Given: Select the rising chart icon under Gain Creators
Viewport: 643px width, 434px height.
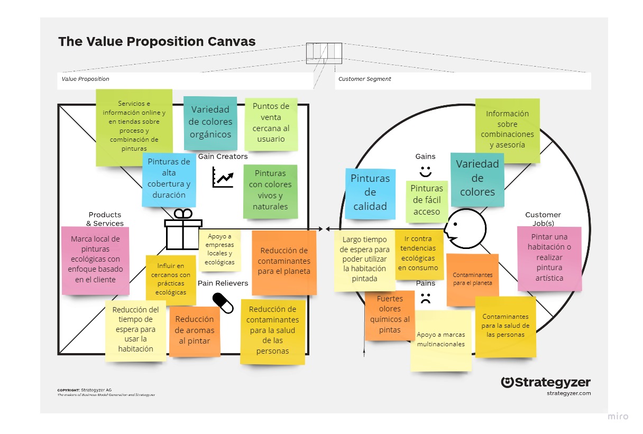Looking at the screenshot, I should click(223, 177).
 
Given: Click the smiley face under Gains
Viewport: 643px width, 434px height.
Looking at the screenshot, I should click(425, 171).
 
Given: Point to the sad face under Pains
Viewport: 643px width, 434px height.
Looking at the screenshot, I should click(425, 298).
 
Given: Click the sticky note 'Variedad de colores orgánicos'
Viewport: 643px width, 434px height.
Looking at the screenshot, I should click(211, 122).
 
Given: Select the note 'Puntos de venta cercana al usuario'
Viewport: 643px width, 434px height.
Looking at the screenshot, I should click(271, 123).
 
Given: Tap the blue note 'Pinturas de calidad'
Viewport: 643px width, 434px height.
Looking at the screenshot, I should click(370, 193).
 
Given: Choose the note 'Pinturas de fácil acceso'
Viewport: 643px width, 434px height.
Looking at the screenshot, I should click(427, 200).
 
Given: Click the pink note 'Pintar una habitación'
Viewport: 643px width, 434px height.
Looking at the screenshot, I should click(549, 258).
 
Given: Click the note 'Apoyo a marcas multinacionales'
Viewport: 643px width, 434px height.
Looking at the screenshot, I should click(441, 340).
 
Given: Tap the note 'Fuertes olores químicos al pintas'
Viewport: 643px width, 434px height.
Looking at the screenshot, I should click(390, 315).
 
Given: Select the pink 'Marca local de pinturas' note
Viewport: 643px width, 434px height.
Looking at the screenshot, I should click(96, 260).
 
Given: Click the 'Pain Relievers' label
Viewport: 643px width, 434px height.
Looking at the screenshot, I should click(223, 283).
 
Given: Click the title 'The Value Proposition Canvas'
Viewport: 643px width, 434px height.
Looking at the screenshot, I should click(157, 42).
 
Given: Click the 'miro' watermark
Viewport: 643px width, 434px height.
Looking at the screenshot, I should click(618, 417).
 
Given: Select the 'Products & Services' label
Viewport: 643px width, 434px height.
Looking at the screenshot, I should click(105, 219).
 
